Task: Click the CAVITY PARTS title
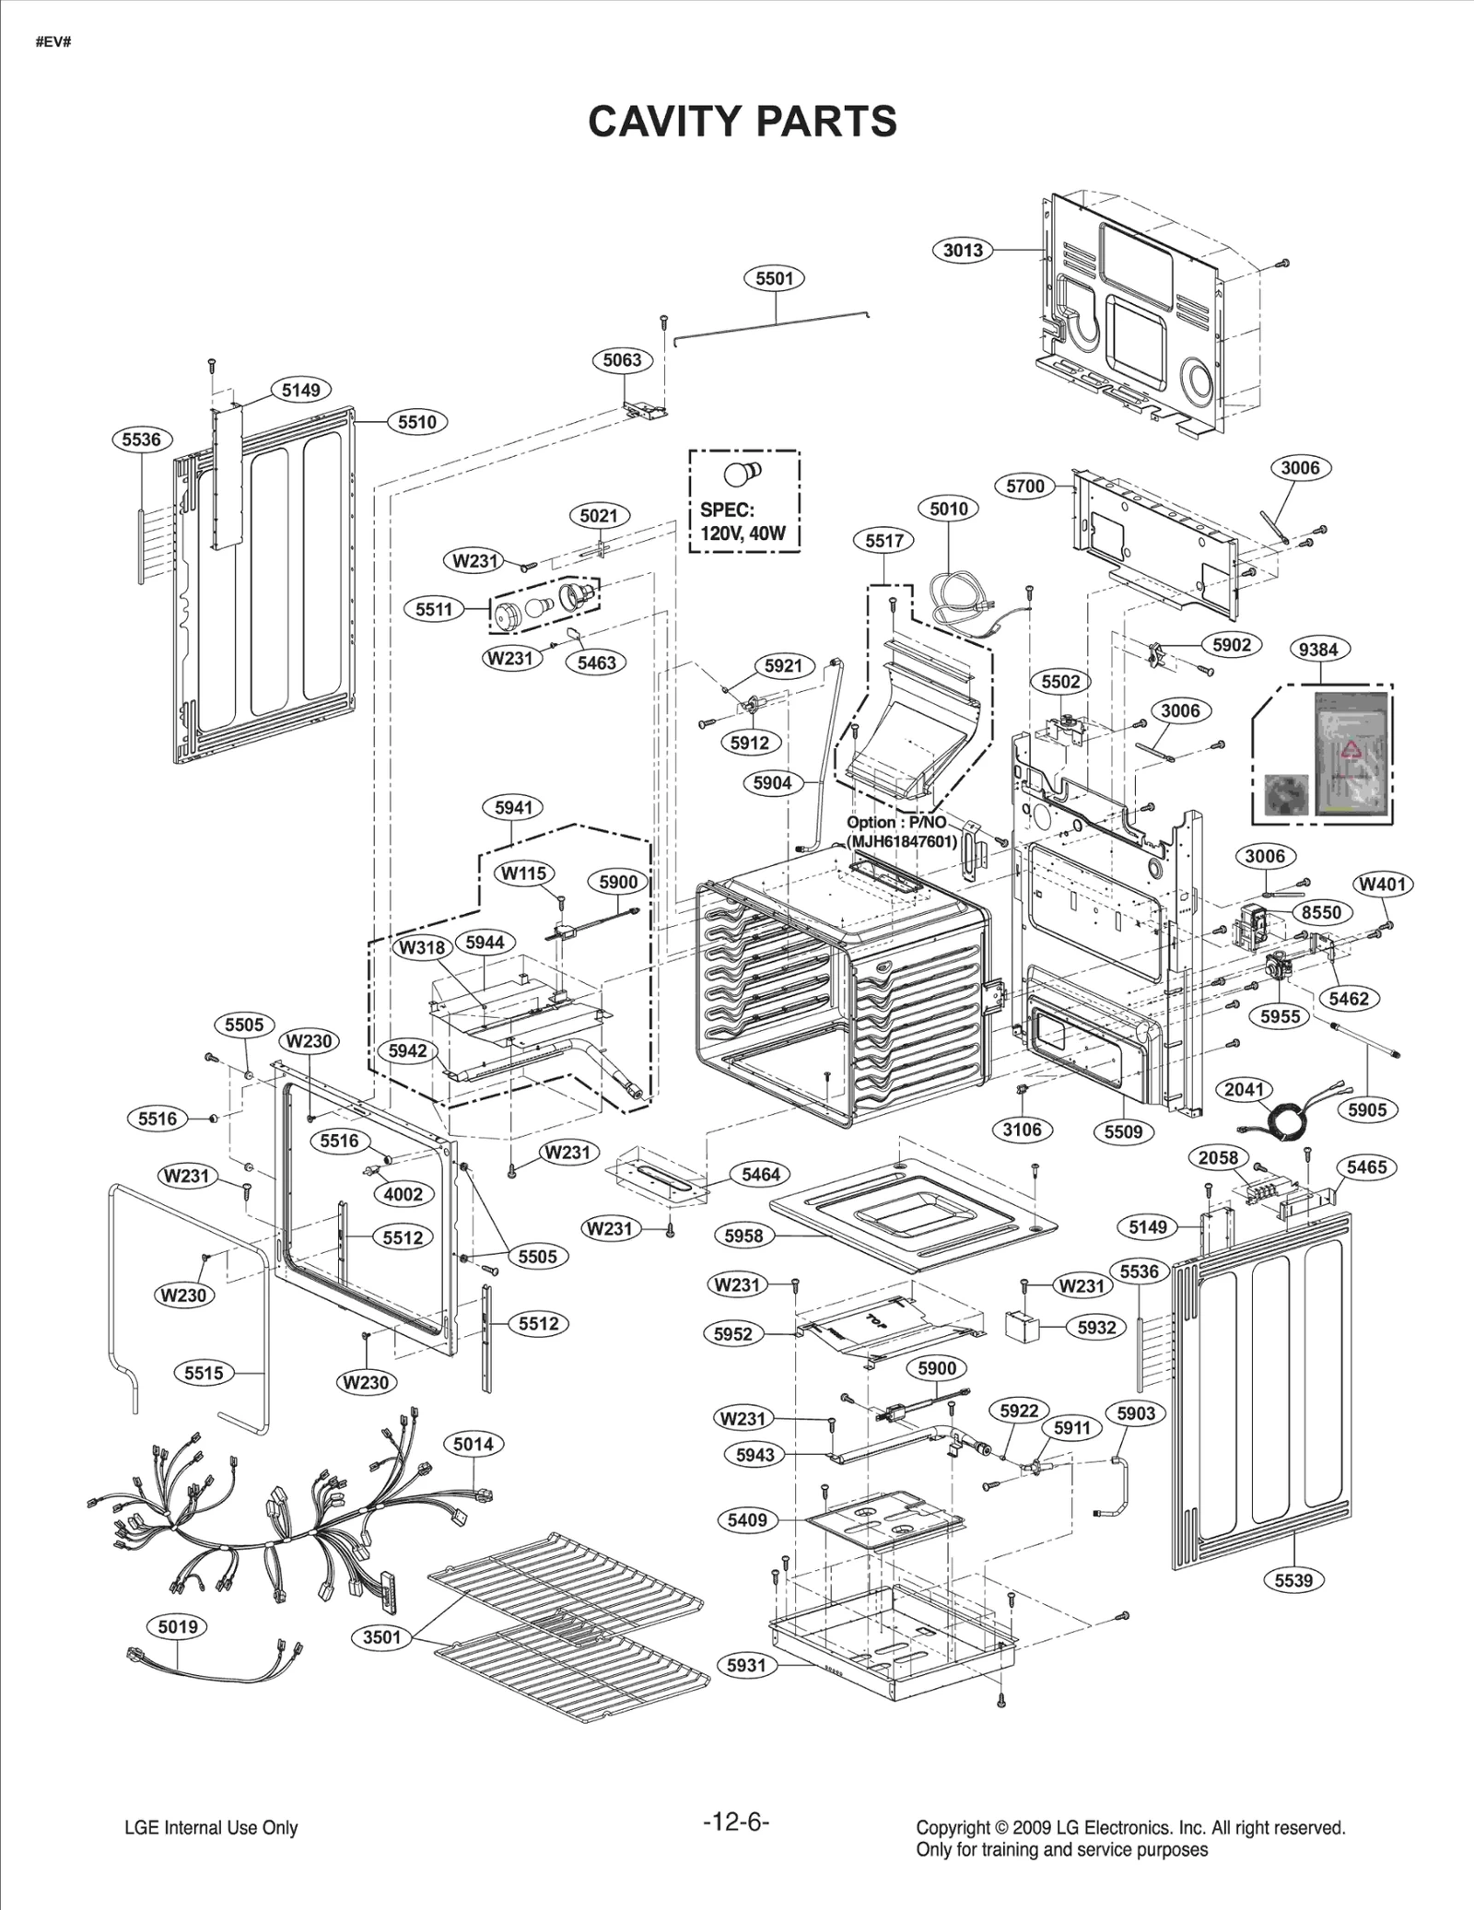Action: click(743, 122)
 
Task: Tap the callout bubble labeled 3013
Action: click(963, 250)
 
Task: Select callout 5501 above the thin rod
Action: click(774, 278)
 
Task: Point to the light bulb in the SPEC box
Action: click(742, 475)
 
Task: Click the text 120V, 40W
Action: click(743, 533)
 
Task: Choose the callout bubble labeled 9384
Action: click(1318, 649)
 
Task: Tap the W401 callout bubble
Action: click(1383, 884)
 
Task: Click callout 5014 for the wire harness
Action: click(473, 1443)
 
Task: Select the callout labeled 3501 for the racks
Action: click(381, 1637)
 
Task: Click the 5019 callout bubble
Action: click(177, 1626)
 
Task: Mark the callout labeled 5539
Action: click(1293, 1580)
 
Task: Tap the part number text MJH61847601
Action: click(903, 841)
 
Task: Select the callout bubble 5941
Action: click(513, 807)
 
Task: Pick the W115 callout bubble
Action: click(524, 873)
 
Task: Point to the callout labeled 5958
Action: click(743, 1236)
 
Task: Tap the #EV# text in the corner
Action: click(53, 43)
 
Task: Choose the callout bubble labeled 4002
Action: click(403, 1194)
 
